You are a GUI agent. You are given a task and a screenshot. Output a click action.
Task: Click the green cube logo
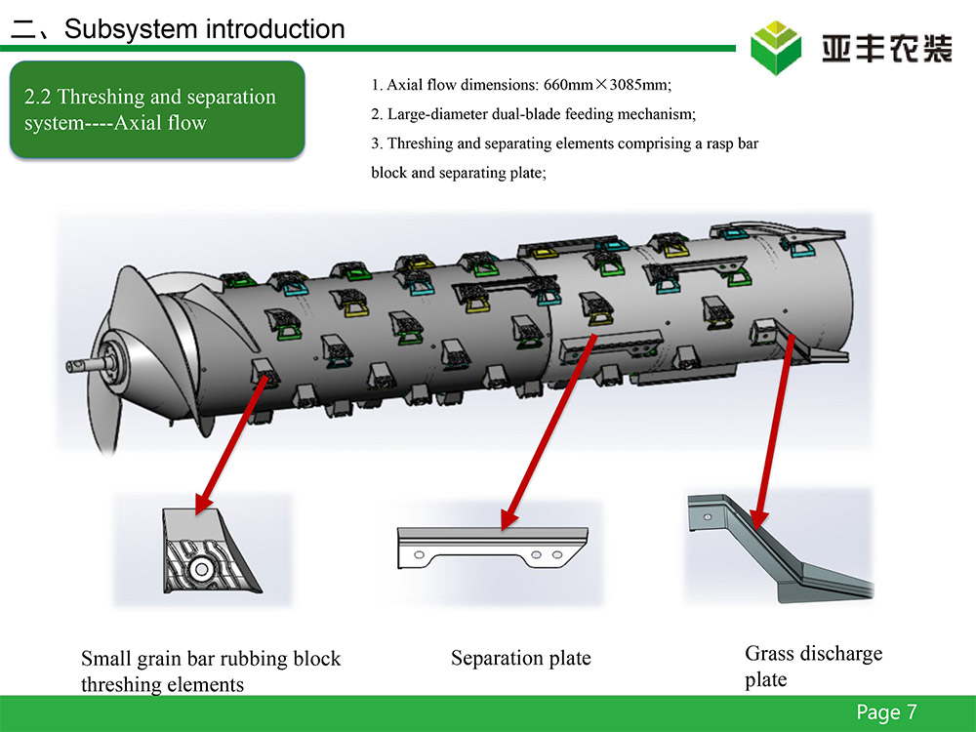point(776,47)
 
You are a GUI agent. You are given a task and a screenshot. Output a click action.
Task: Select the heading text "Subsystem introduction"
point(204,28)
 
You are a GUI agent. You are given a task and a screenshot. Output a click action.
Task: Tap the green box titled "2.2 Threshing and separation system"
point(157,109)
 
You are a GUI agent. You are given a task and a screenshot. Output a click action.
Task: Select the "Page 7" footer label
point(886,712)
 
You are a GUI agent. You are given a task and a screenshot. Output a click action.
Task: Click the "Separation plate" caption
point(521,658)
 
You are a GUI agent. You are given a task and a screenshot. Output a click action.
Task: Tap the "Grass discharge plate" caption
point(813,666)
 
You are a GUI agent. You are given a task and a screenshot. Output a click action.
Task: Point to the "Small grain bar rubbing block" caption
point(211,659)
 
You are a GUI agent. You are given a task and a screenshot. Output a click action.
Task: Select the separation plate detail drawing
point(492,549)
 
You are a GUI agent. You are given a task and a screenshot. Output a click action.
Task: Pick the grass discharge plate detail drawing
point(778,547)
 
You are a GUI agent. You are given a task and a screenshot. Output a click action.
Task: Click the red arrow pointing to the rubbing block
point(232,444)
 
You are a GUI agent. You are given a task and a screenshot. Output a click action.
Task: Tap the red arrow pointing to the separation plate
point(549,432)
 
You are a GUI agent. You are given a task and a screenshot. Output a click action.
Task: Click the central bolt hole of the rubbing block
point(200,569)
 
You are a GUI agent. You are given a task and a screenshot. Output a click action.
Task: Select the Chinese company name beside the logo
point(886,48)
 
